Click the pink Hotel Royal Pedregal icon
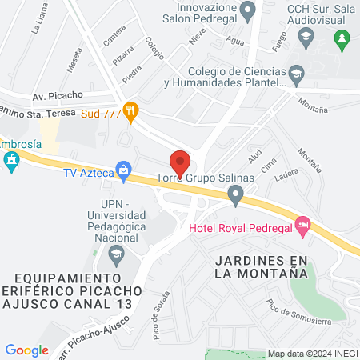302,227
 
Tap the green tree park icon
342,38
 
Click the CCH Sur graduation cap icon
305,36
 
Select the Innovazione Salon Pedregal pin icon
247,10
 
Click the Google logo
26,350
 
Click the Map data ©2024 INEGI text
311,354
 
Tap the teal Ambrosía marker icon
10,163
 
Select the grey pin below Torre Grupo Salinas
235,194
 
